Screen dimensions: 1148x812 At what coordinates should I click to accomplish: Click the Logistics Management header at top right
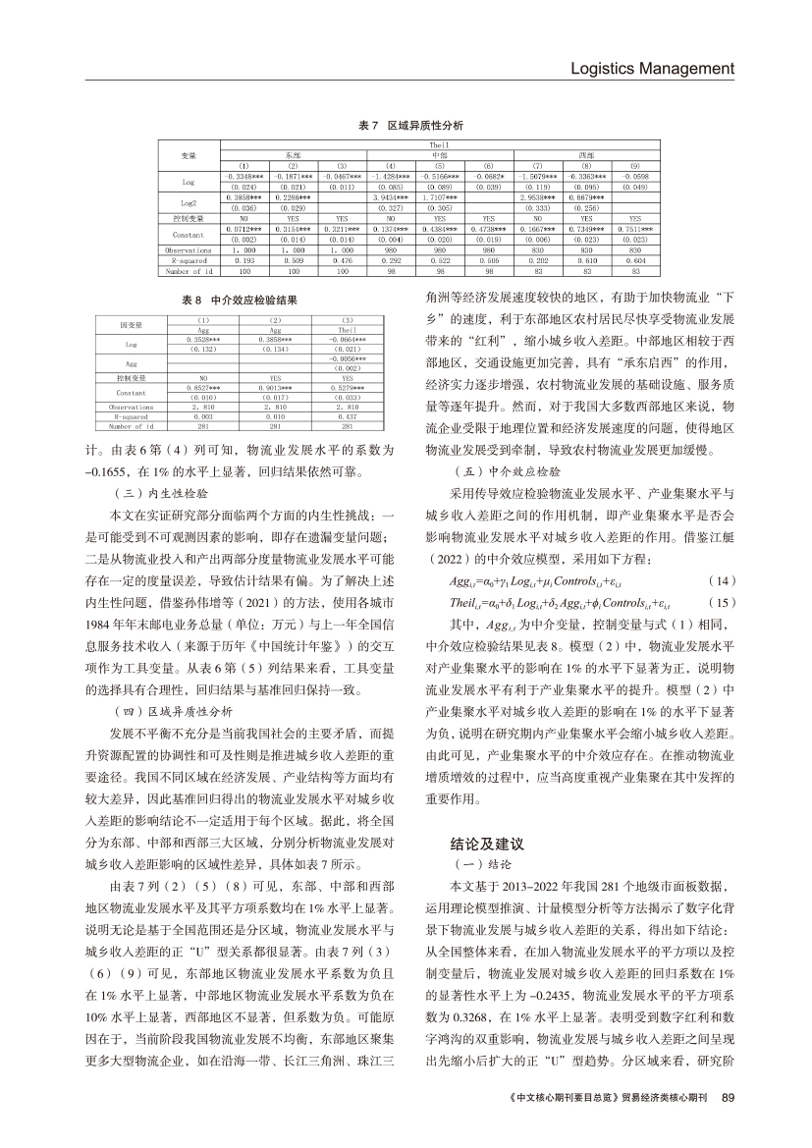(652, 69)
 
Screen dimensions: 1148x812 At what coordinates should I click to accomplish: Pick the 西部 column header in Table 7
(586, 154)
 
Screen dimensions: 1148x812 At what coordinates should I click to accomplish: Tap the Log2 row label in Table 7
(189, 201)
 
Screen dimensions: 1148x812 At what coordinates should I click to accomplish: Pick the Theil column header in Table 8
(346, 330)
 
